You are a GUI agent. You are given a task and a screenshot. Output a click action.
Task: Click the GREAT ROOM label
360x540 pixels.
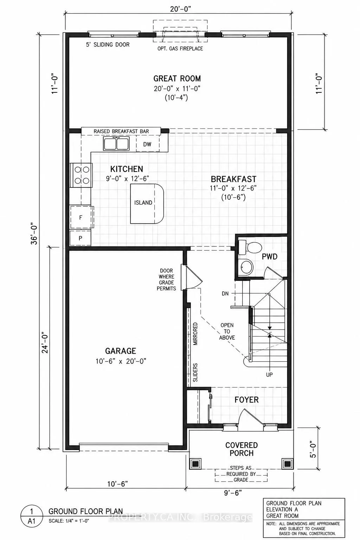[177, 78]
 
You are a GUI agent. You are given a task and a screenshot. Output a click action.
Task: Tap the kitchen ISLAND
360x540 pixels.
[147, 204]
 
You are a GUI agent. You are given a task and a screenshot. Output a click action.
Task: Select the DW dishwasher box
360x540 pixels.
[148, 144]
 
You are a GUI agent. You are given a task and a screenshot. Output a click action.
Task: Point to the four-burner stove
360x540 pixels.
[81, 175]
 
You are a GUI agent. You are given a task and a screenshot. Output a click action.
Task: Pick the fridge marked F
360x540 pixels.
[81, 218]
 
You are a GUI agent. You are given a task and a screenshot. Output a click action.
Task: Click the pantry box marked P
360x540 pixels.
[80, 238]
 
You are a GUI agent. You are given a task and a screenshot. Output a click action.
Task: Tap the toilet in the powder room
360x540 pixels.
[250, 247]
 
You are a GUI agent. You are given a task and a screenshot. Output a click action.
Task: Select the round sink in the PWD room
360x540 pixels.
[247, 267]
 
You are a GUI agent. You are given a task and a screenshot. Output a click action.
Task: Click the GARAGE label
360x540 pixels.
[120, 351]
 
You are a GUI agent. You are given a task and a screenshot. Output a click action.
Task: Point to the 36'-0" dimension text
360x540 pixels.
[34, 233]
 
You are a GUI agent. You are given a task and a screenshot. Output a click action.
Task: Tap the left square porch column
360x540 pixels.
[195, 464]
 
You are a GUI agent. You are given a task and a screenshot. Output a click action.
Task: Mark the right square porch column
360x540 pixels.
[287, 464]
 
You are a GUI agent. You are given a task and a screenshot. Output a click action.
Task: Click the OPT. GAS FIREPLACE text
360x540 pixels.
[180, 49]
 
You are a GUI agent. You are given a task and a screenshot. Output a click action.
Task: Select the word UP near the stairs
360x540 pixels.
[269, 375]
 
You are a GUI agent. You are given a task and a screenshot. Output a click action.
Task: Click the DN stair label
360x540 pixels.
[225, 294]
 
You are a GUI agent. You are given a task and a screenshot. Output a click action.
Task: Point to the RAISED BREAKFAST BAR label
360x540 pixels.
[121, 131]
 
